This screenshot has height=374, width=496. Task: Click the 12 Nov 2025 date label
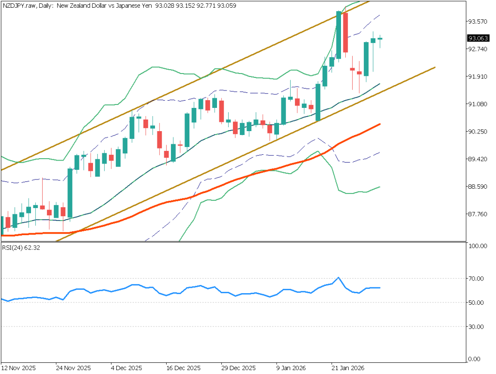click(x=18, y=367)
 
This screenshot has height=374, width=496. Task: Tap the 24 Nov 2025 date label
click(x=73, y=367)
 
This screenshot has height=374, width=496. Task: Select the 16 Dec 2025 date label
click(x=183, y=367)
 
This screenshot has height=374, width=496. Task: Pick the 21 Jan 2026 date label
click(x=348, y=367)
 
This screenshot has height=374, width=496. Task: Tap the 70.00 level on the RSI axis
click(x=477, y=279)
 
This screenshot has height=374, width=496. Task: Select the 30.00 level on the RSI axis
click(x=477, y=327)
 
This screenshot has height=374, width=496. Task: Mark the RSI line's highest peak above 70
click(x=339, y=278)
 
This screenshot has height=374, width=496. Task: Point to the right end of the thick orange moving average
click(x=379, y=124)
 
